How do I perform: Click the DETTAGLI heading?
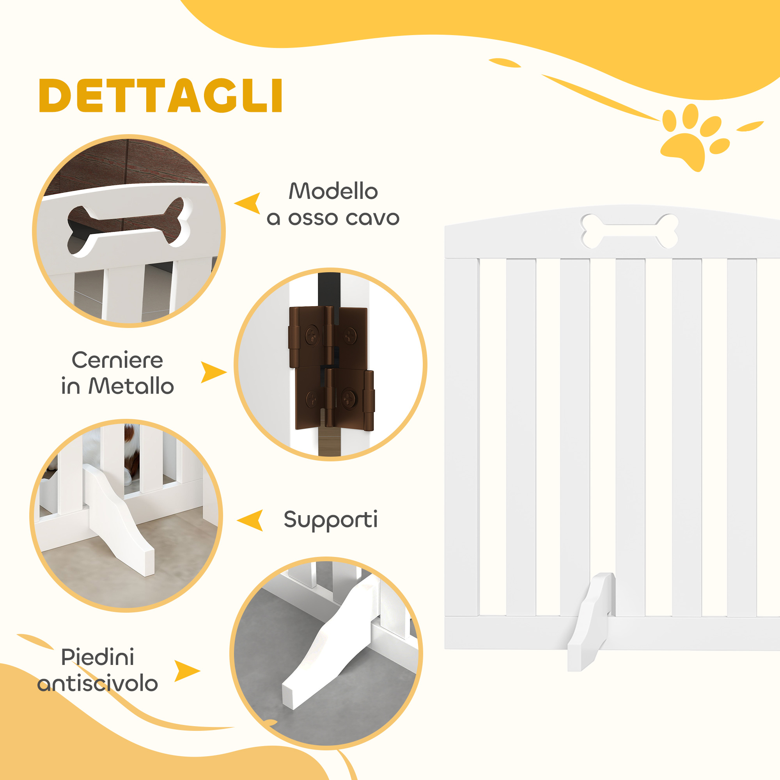(160, 95)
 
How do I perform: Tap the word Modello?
(333, 191)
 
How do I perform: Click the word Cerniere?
(117, 360)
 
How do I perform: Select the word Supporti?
(331, 519)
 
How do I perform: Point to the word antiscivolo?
(97, 684)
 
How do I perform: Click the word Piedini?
(97, 657)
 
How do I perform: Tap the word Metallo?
(131, 386)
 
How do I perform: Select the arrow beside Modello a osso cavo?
(248, 203)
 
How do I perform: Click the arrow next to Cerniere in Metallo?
(214, 372)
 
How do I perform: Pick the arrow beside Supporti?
(250, 520)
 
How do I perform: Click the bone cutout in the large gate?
(629, 231)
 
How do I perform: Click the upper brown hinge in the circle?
(328, 337)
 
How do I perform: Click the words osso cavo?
(344, 218)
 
